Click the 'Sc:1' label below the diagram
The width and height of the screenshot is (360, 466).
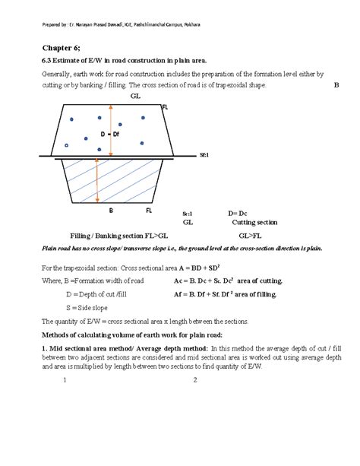(189, 215)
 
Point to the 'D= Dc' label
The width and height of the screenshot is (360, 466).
(238, 214)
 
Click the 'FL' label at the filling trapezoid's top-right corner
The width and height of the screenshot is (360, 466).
(165, 109)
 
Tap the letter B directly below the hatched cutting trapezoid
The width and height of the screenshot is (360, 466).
(111, 210)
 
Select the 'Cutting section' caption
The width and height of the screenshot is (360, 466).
(254, 223)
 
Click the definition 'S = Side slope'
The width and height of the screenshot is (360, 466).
(87, 306)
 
